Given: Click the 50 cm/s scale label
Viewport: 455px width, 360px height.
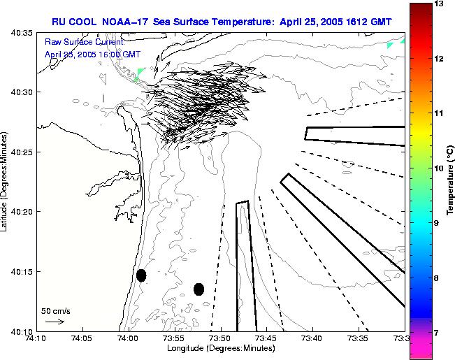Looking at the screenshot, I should [55, 310].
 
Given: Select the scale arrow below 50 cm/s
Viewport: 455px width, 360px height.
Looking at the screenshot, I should [55, 322].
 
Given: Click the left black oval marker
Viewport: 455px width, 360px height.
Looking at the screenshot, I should [141, 275].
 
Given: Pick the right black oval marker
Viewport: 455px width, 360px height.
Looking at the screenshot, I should [199, 289].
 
